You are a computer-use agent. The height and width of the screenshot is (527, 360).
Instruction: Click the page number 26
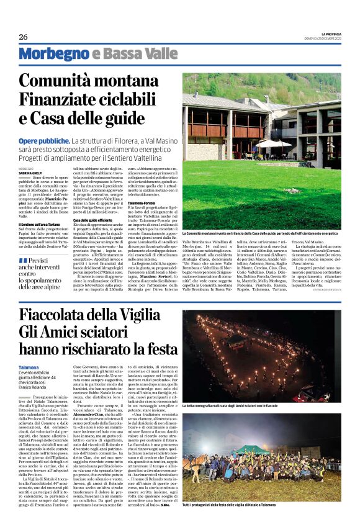23,37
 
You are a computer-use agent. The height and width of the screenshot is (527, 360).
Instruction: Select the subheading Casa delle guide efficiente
96,220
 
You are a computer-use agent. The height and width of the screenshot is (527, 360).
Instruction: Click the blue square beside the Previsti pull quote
23,260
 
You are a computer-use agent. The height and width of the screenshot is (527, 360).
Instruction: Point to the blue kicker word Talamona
29,367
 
